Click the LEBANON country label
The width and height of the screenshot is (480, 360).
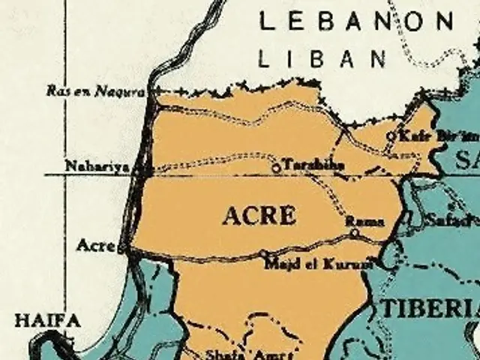[357, 21]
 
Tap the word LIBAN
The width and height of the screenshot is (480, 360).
[322, 58]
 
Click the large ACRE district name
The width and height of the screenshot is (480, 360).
[259, 216]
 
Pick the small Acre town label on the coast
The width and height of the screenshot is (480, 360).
[95, 245]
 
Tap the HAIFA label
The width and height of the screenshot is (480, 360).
[47, 321]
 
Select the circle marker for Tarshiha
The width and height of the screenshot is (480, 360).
[276, 168]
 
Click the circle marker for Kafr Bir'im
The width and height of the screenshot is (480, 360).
[390, 136]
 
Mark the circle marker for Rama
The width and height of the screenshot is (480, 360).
[355, 233]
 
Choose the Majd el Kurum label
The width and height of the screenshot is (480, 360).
[319, 263]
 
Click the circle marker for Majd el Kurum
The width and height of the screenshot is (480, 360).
[263, 254]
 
